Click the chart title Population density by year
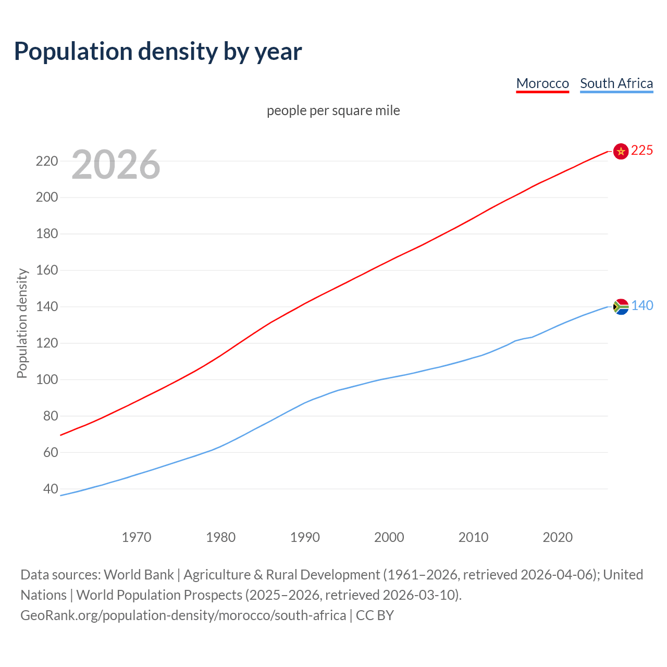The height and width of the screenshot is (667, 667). [158, 51]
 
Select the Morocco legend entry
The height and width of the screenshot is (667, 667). [542, 83]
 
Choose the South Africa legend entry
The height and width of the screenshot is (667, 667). [616, 83]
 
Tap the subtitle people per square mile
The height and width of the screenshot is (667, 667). [333, 110]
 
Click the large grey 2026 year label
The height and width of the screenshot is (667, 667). [116, 165]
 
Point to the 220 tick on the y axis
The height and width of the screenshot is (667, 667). [46, 161]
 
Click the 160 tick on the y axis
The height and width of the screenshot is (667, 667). [46, 270]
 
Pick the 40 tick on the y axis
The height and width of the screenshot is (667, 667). [50, 489]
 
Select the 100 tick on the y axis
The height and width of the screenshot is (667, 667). [46, 379]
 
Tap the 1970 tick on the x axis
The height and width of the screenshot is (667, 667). [137, 537]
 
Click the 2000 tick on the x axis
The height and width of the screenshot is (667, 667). [389, 537]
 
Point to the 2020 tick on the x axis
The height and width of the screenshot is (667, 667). [558, 537]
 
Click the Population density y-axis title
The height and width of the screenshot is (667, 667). [22, 323]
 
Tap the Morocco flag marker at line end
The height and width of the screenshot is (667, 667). [621, 151]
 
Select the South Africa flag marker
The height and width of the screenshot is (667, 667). [621, 306]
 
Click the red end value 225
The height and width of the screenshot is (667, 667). [642, 151]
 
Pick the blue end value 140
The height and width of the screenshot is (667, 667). [642, 306]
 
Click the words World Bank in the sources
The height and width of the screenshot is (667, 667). [139, 575]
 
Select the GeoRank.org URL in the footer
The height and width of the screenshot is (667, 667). [183, 615]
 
